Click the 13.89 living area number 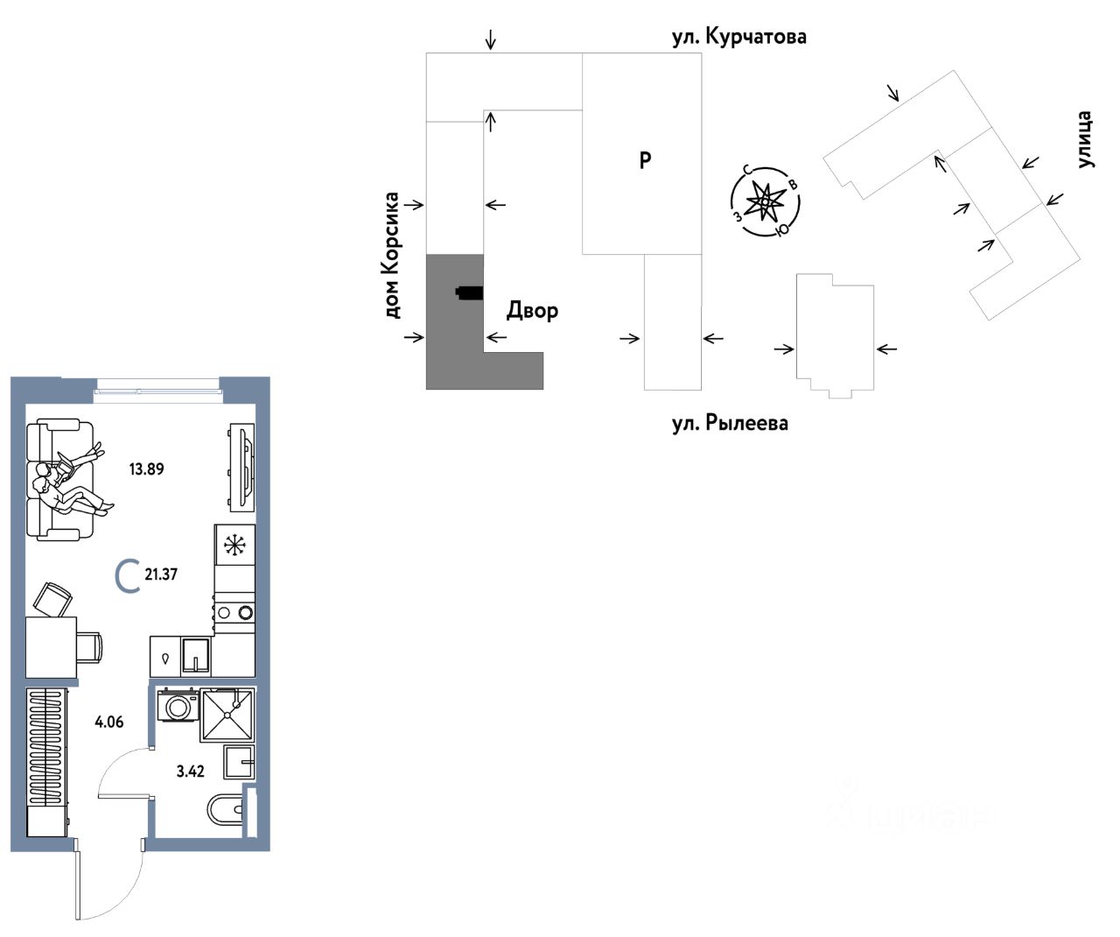146,468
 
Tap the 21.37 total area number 161,574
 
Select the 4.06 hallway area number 109,722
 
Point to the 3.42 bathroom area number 190,771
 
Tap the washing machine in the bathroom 178,705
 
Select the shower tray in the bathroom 227,715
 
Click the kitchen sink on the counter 196,654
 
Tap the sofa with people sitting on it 58,480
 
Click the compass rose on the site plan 766,202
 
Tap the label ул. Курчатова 738,37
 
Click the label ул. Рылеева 730,424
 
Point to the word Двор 532,310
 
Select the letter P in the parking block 645,160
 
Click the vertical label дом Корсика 391,255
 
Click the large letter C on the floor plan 128,576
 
